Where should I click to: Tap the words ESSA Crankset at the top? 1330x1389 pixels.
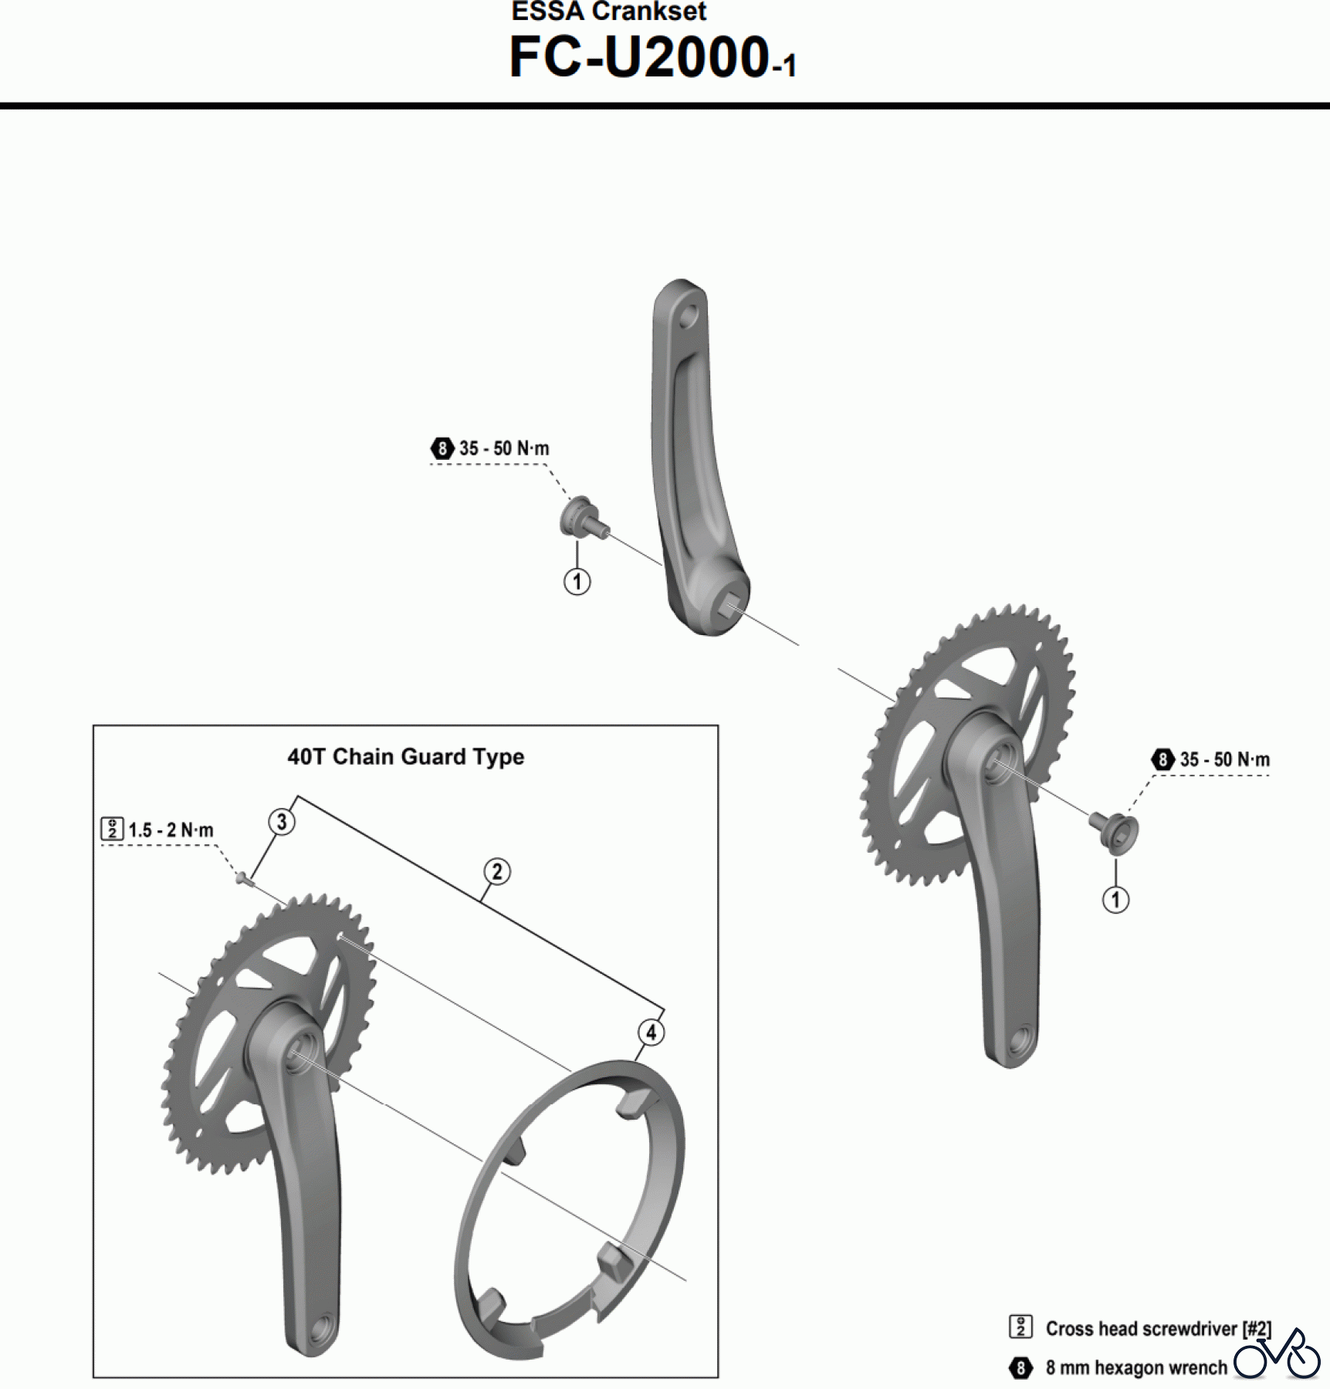point(608,12)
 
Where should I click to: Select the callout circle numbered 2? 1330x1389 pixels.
point(497,872)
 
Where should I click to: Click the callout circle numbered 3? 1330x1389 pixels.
point(282,822)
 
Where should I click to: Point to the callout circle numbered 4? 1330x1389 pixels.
point(651,1032)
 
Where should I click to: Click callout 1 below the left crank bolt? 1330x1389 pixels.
point(577,581)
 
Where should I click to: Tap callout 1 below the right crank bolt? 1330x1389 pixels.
point(1115,900)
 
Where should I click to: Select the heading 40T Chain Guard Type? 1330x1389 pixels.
point(405,757)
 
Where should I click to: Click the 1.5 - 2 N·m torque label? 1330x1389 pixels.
point(170,830)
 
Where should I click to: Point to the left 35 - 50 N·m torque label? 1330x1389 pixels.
point(503,448)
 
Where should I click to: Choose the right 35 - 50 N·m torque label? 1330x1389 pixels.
point(1223,760)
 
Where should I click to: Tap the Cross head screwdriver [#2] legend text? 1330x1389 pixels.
point(1157,1329)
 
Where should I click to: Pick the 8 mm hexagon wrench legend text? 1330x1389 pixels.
point(1135,1368)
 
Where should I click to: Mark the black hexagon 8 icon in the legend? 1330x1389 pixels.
point(1020,1368)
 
